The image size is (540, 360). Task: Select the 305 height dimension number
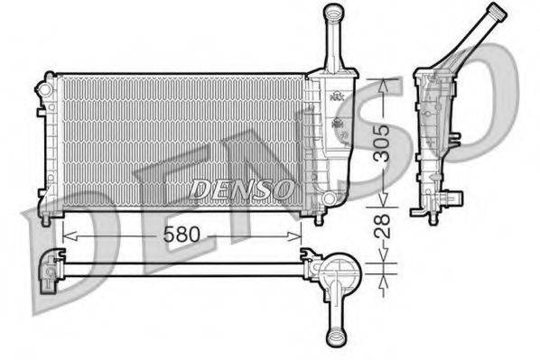coord(385,143)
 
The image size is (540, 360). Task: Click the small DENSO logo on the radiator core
coord(241,189)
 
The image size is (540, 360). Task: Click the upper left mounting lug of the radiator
coord(42,90)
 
